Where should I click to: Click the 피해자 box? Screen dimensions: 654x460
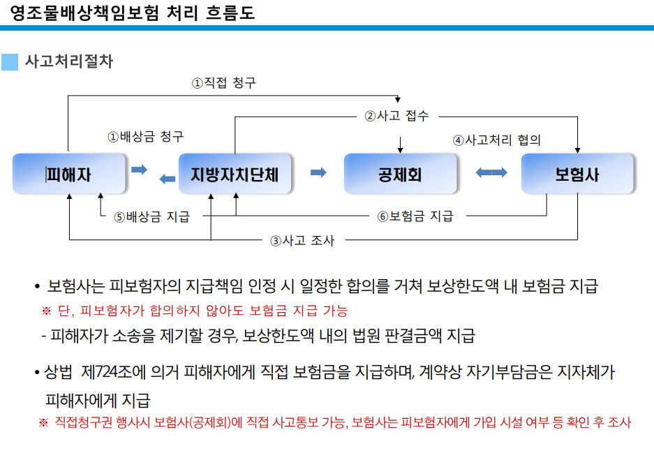[x=69, y=174]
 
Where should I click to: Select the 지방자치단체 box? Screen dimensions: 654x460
[x=235, y=174]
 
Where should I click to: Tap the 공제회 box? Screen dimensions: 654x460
[x=400, y=174]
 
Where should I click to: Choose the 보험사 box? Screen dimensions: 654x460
[x=577, y=174]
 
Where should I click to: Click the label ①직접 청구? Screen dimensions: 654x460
[x=223, y=82]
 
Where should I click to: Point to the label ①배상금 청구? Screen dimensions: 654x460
[x=146, y=136]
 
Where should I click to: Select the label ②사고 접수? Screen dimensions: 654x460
[x=396, y=115]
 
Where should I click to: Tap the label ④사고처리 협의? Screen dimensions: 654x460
[x=497, y=140]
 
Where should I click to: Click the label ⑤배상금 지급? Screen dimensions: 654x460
[x=152, y=216]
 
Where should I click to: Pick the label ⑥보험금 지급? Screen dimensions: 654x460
[x=415, y=216]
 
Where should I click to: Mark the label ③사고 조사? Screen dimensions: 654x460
[x=302, y=240]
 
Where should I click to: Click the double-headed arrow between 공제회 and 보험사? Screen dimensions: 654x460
[x=491, y=172]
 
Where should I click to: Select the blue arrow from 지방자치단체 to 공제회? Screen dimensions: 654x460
[x=319, y=172]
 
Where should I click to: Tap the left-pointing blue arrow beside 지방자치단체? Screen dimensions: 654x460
[x=168, y=179]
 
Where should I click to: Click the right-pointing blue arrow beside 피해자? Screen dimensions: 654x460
[x=140, y=170]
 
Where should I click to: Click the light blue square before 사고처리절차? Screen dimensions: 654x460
[x=10, y=62]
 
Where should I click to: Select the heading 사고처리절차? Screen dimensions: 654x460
[x=69, y=61]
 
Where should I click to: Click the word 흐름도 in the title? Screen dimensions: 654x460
[x=230, y=13]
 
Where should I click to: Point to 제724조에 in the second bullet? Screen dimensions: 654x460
[x=113, y=372]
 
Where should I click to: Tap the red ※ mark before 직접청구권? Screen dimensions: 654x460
[x=43, y=422]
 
